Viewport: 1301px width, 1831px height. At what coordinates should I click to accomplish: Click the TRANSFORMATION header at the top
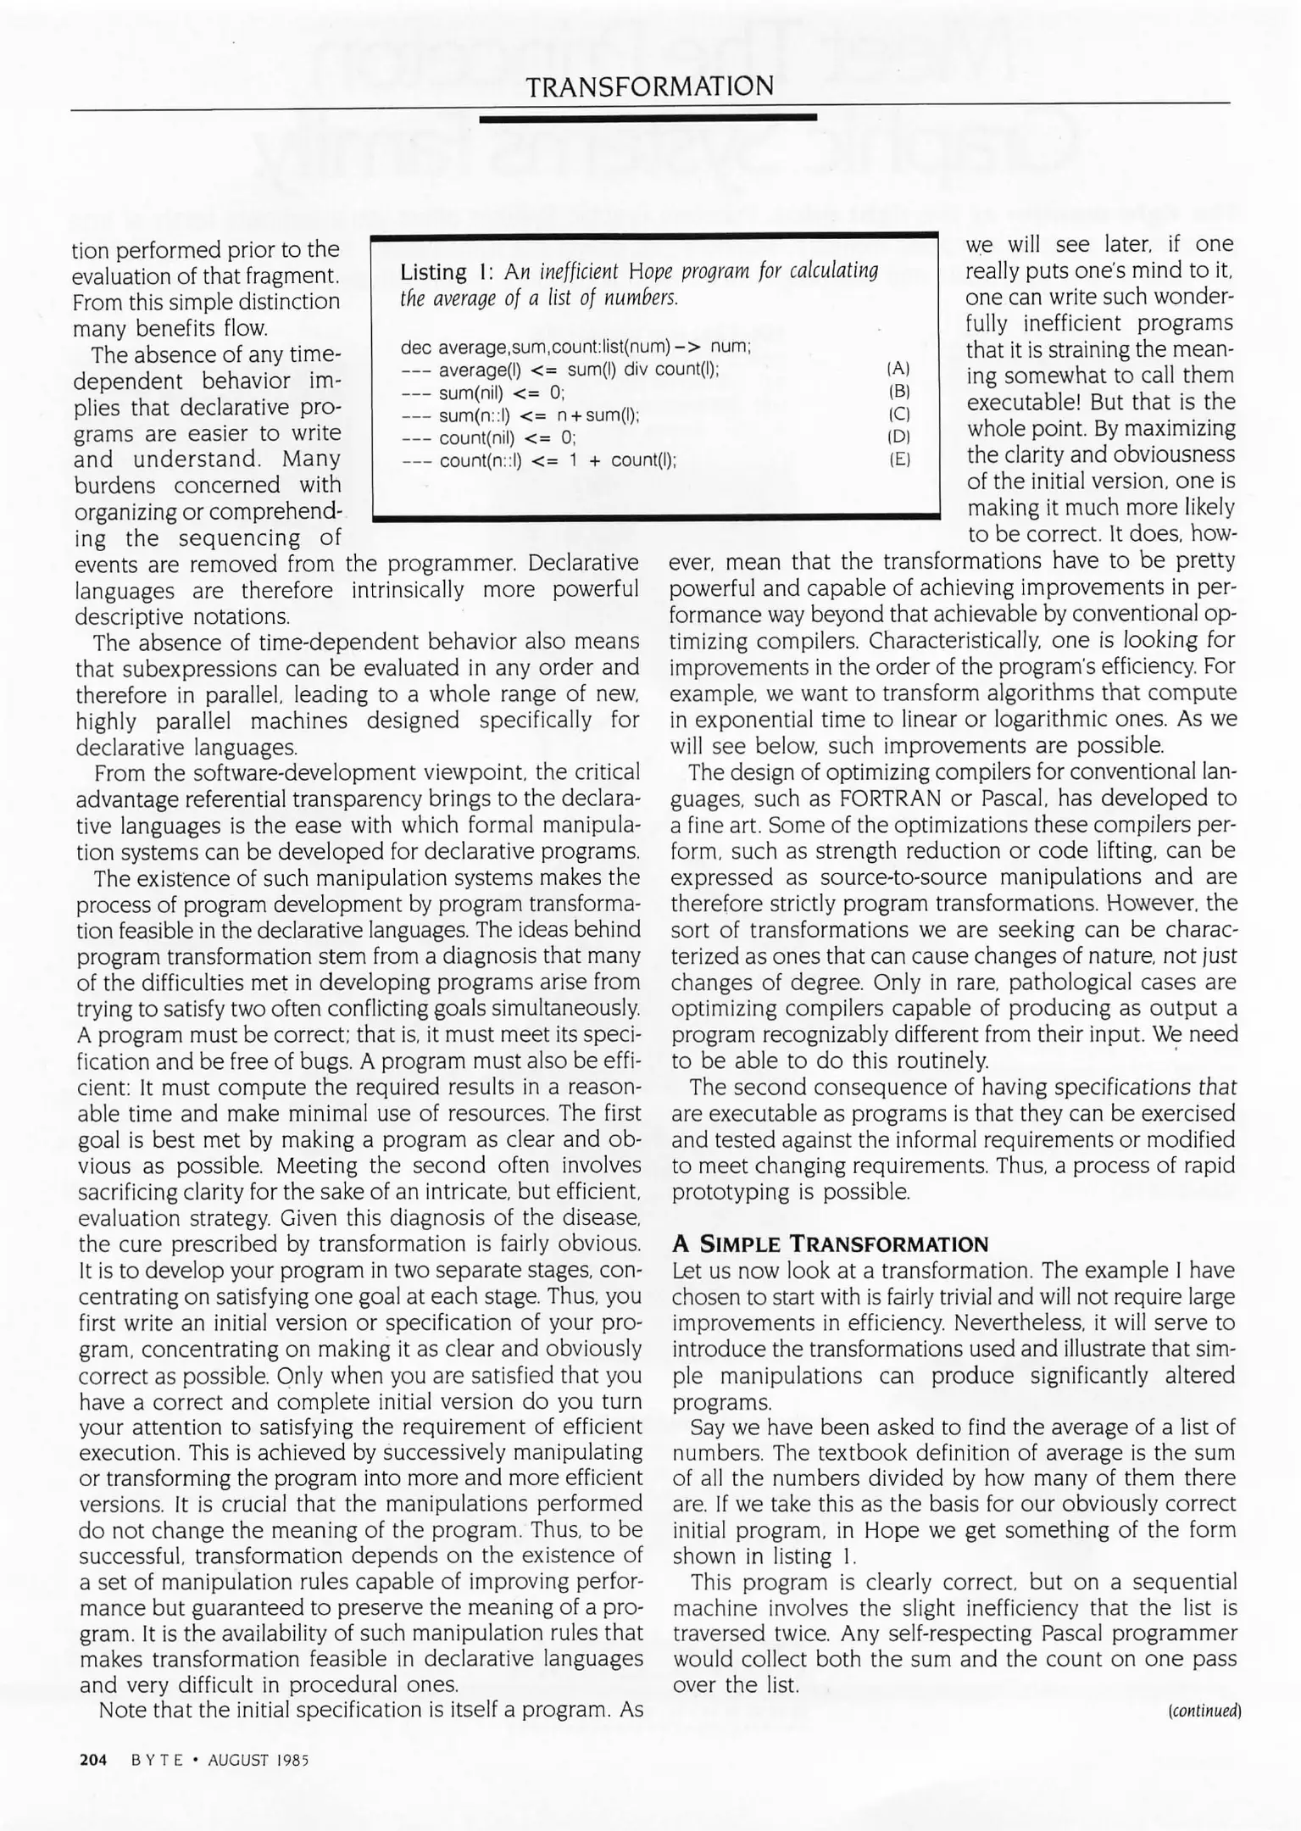649,86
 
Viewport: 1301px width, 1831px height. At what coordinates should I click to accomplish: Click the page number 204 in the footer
93,1760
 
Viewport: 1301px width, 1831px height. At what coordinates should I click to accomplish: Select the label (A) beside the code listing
898,369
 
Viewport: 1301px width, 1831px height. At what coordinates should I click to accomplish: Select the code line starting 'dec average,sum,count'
575,347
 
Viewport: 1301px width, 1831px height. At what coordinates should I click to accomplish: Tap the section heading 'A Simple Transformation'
830,1244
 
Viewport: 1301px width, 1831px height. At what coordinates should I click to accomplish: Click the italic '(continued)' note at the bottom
1204,1711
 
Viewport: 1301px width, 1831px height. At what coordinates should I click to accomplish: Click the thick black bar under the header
648,119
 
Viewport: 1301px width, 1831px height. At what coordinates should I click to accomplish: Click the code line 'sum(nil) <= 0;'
500,392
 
